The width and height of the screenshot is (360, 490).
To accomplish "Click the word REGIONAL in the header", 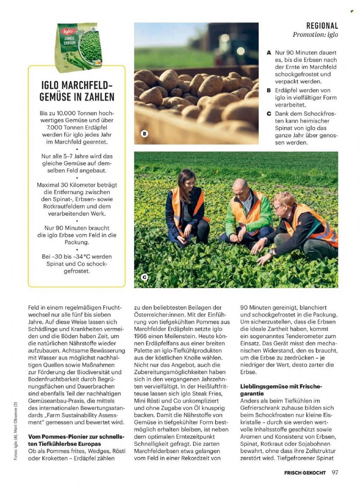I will click(x=322, y=26).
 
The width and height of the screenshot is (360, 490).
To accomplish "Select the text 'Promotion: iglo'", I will click(x=315, y=35).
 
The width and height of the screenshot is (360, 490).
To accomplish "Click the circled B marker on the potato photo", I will click(x=144, y=134).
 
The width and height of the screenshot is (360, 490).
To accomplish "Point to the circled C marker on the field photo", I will click(x=144, y=278).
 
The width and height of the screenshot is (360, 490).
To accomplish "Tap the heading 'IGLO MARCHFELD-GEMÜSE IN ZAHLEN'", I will click(x=77, y=90).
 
